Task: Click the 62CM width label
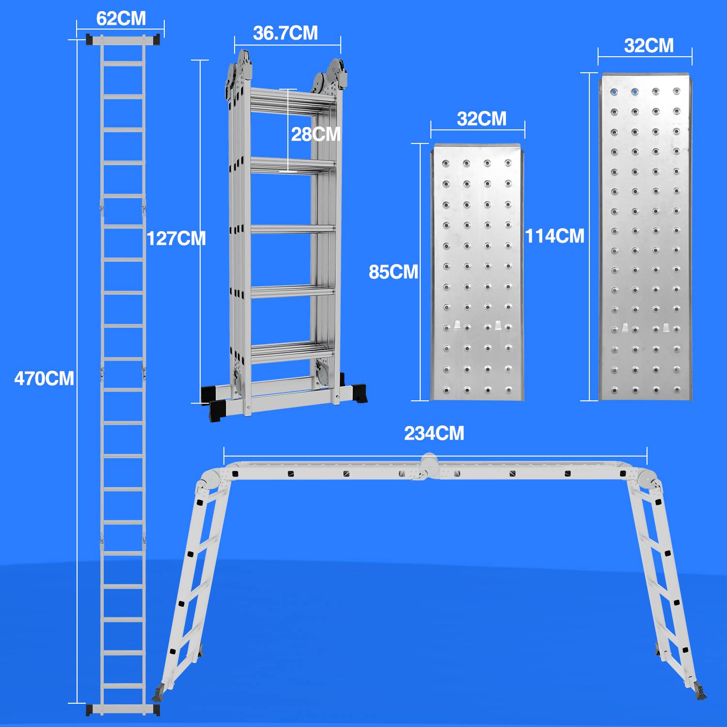tap(121, 18)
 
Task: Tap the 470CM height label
tap(44, 379)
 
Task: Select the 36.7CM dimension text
tap(285, 33)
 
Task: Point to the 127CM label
tap(176, 238)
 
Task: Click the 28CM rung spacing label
tap(316, 134)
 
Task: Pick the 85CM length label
tap(393, 272)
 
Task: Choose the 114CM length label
tap(554, 236)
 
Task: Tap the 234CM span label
tap(434, 433)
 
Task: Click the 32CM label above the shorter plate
tap(481, 119)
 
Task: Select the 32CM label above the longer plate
tap(648, 46)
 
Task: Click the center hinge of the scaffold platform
tap(429, 466)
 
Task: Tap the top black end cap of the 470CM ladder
tap(123, 40)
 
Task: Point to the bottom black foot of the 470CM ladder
tap(123, 710)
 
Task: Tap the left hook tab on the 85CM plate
tap(457, 326)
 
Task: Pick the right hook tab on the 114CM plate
tap(666, 328)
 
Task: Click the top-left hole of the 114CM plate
tap(614, 91)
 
